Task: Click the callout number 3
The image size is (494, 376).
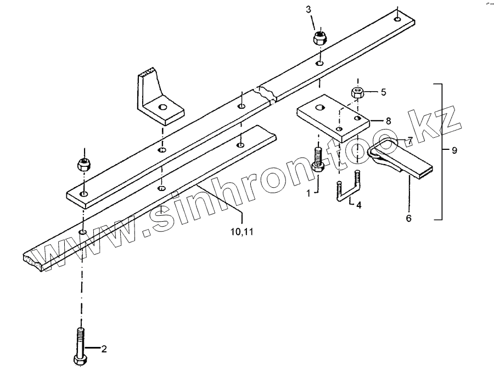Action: click(308, 10)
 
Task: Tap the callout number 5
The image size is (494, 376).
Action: click(383, 92)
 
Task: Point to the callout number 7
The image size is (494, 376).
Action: click(409, 140)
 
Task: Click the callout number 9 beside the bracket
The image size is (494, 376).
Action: click(454, 150)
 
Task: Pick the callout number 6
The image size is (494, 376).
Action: click(408, 218)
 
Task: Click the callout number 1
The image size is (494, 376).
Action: click(308, 192)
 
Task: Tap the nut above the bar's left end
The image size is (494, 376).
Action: click(83, 164)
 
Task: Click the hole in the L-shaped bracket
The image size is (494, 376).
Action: click(163, 107)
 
